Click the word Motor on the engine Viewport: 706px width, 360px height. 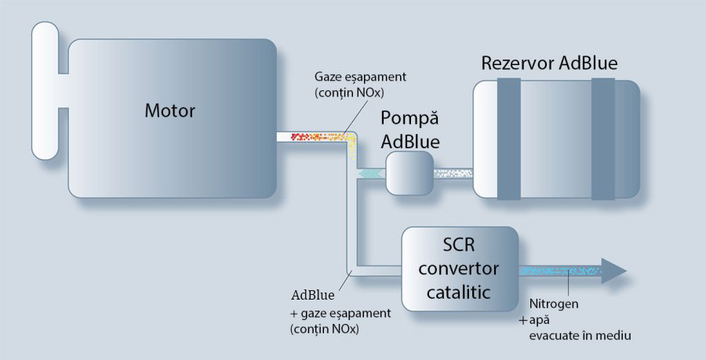tap(169, 111)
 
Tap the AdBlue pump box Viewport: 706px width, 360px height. tap(409, 172)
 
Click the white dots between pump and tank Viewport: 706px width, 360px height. tap(453, 173)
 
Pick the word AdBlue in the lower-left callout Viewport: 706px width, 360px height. tap(313, 296)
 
